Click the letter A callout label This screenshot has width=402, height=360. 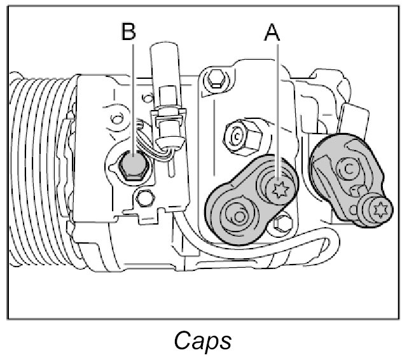click(x=272, y=32)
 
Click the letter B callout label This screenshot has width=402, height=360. click(x=129, y=32)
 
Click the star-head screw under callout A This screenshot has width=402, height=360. click(x=278, y=188)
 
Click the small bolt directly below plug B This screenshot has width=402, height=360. click(x=146, y=199)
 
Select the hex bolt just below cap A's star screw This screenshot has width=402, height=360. click(x=282, y=223)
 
